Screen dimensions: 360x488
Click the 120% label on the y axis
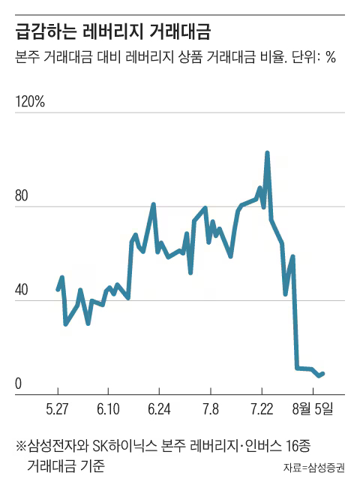coord(30,101)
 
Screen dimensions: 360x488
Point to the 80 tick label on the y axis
coord(22,196)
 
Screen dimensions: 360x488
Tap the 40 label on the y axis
coord(22,290)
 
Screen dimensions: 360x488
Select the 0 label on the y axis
coord(18,384)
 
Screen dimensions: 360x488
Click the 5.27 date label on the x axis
coord(57,408)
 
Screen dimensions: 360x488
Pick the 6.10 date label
coord(108,408)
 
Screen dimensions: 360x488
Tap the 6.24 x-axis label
coord(159,408)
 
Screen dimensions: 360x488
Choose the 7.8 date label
coord(211,408)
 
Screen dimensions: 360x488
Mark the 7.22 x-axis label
coord(262,408)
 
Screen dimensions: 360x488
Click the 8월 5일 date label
coord(313,408)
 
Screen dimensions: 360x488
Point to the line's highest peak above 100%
coord(267,153)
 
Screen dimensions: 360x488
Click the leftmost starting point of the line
coord(58,290)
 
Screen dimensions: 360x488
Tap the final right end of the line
coord(323,373)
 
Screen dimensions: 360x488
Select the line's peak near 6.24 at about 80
coord(153,204)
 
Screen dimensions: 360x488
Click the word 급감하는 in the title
coord(46,32)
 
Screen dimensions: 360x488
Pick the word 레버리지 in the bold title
coord(113,32)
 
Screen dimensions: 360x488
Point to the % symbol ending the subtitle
coord(331,57)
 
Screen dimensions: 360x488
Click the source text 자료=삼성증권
coord(314,468)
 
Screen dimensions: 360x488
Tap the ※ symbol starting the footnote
coord(21,446)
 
